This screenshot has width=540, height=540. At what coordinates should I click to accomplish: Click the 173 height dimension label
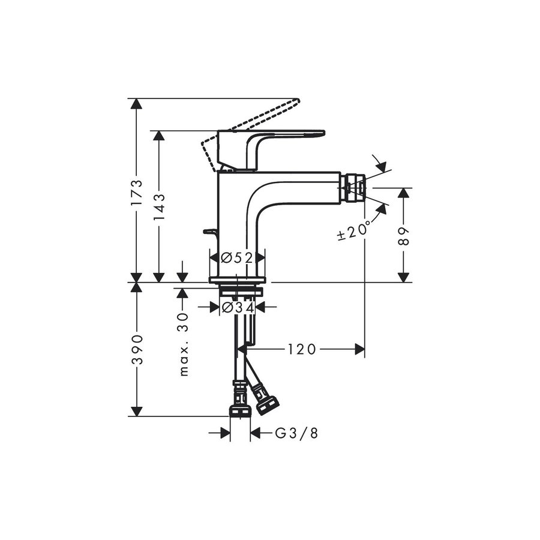tap(137, 192)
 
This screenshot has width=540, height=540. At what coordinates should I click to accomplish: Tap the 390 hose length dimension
tap(137, 349)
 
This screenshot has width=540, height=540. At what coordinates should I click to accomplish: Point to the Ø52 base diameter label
tap(237, 257)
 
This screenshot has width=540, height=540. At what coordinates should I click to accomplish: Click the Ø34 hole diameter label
tap(238, 307)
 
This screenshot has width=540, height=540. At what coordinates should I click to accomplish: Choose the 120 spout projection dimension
tap(301, 350)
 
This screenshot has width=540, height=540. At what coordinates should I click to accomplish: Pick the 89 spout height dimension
tap(403, 236)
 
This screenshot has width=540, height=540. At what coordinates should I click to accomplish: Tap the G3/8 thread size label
tap(296, 433)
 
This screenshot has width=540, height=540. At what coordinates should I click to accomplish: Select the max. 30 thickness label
tap(184, 344)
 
